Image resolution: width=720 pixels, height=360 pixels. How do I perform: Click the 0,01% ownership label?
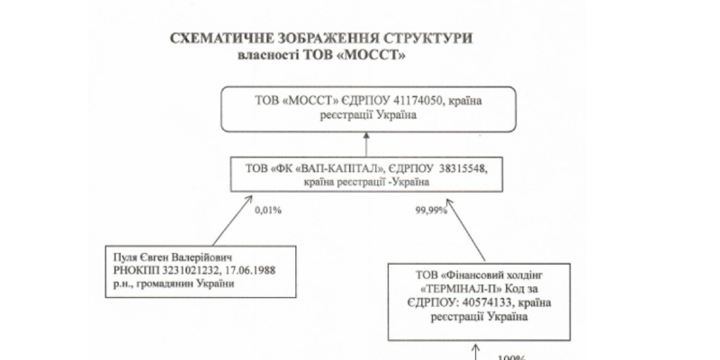click(x=268, y=211)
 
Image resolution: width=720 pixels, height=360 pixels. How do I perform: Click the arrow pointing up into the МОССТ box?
click(x=366, y=144)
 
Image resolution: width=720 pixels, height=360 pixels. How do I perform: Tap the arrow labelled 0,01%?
click(x=232, y=220)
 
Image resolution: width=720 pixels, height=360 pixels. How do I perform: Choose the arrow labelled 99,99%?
click(x=465, y=229)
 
